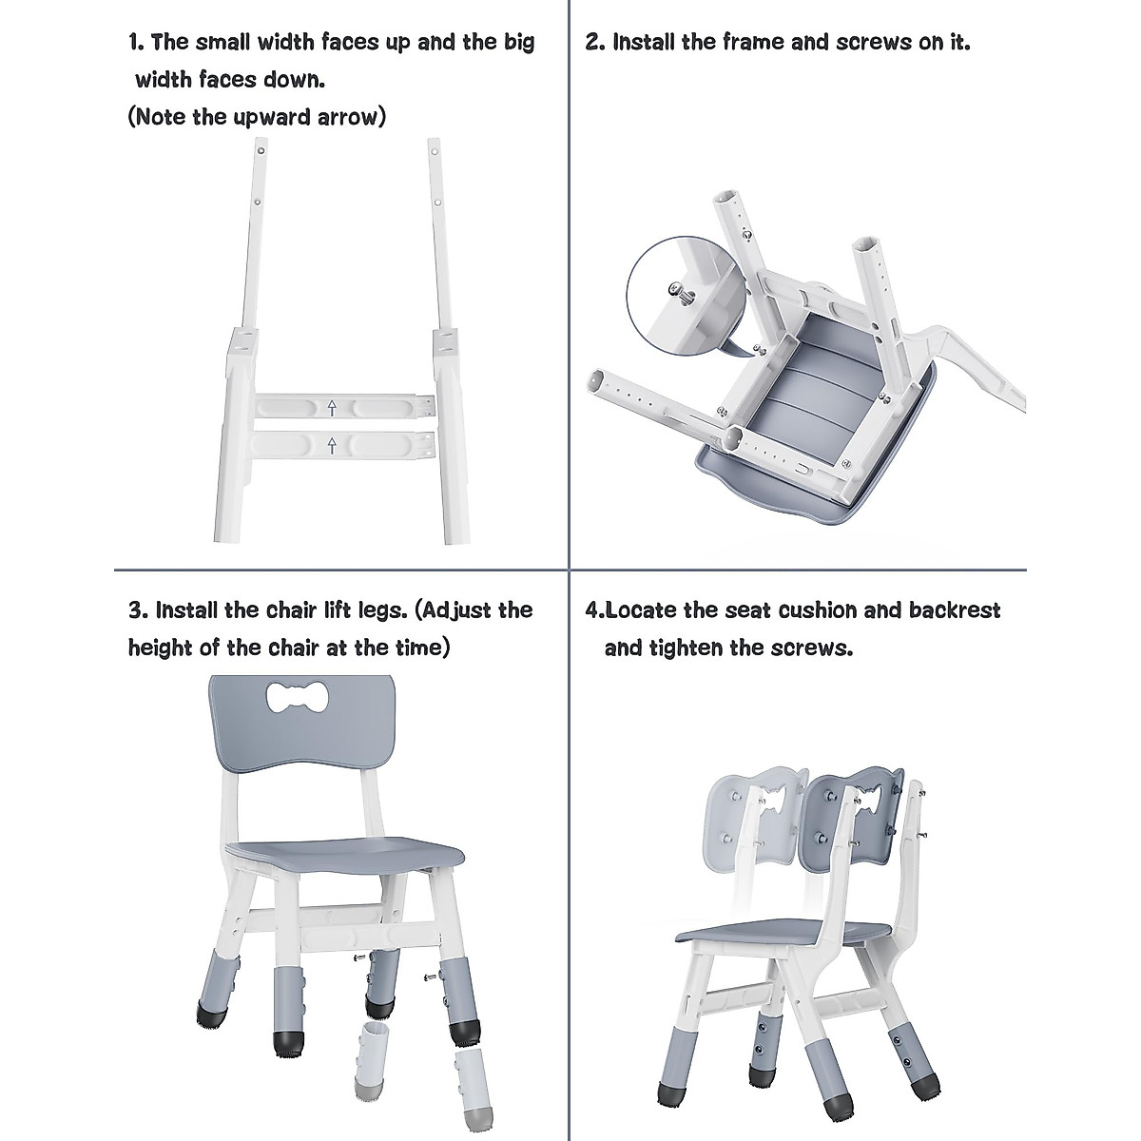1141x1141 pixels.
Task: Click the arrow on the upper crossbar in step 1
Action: pyautogui.click(x=331, y=409)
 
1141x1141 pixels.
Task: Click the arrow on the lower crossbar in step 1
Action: pyautogui.click(x=331, y=444)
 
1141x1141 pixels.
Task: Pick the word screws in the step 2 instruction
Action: pyautogui.click(x=874, y=42)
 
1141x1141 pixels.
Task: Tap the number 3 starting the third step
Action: pyautogui.click(x=135, y=609)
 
